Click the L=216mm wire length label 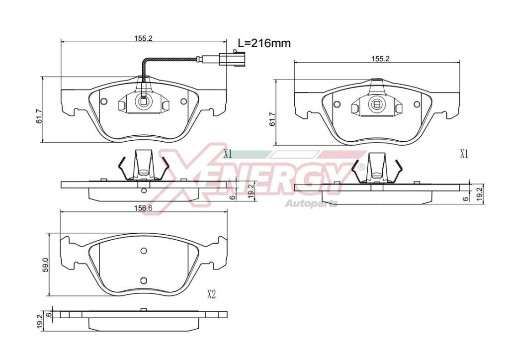(x=264, y=43)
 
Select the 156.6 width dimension (x=143, y=208)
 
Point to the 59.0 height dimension (x=45, y=264)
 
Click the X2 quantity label (x=211, y=294)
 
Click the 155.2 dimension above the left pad (x=144, y=38)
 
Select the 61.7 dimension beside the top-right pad (x=272, y=119)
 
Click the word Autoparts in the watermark (x=311, y=203)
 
